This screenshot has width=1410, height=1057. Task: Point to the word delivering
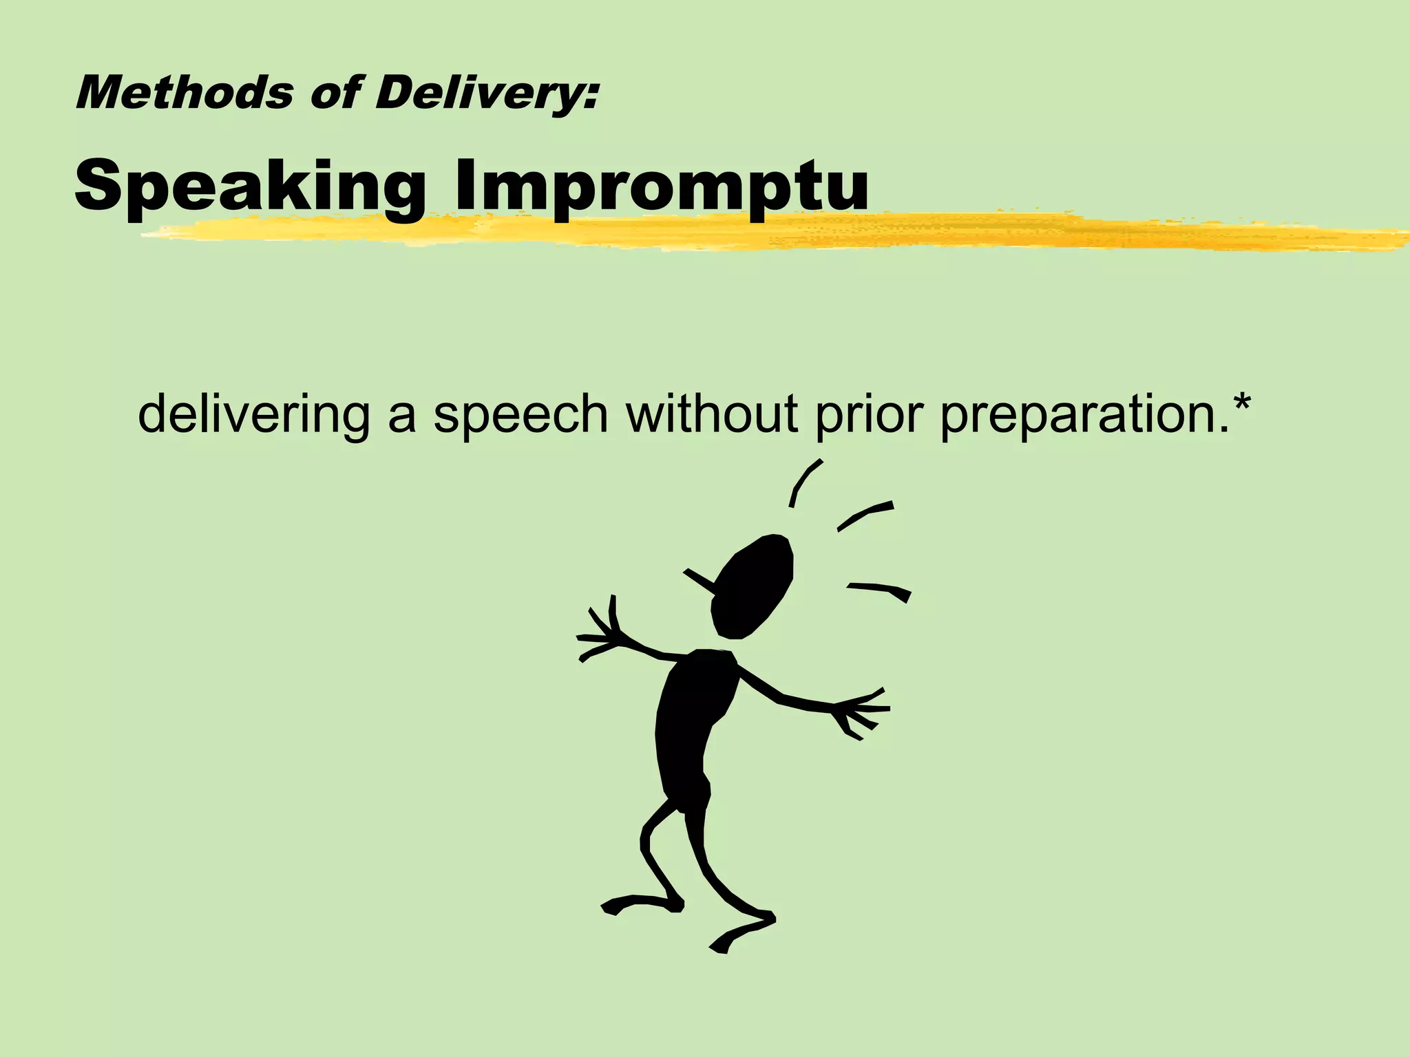pos(254,415)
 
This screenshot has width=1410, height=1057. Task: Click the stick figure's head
pos(754,585)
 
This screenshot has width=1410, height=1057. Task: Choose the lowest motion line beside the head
pos(881,590)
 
